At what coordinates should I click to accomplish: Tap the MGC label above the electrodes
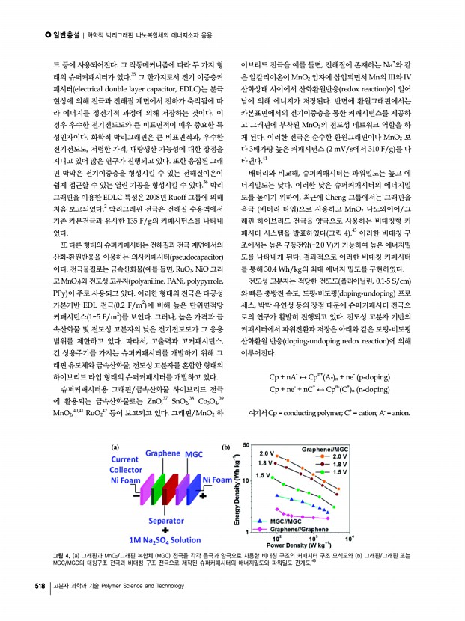click(x=194, y=454)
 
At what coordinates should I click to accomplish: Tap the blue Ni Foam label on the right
click(x=216, y=480)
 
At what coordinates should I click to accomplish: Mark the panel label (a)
click(x=115, y=447)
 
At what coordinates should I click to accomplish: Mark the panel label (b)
click(x=226, y=447)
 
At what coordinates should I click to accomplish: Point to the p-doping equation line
click(x=327, y=376)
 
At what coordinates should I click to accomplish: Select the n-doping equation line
click(x=327, y=389)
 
